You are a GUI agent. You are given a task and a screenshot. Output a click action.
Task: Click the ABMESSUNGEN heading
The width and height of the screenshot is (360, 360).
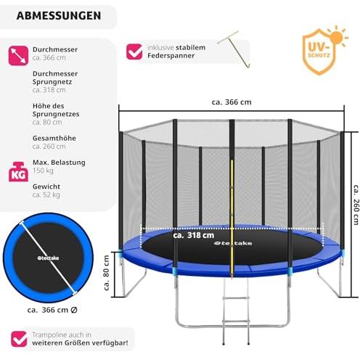pos(59,16)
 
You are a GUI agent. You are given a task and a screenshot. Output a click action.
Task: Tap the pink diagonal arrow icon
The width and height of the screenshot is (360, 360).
pos(18,56)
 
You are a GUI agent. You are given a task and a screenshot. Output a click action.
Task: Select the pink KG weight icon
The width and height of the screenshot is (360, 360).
pos(18,172)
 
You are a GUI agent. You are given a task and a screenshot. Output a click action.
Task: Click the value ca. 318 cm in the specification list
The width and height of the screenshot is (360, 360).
pos(49,90)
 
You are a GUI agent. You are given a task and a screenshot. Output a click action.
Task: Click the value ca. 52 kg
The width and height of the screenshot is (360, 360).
pos(46,195)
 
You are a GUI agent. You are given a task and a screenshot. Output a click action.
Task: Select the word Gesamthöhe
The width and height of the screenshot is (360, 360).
pos(54,138)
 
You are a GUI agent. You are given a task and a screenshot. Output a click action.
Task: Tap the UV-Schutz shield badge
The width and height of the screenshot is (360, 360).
pos(319,52)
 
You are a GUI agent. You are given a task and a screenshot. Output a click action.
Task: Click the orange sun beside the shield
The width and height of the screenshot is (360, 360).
pos(337,37)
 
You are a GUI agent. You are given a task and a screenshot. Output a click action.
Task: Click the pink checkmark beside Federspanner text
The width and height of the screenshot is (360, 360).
pos(134,52)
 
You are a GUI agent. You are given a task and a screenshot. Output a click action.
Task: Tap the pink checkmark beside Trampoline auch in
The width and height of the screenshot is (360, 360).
pos(19,339)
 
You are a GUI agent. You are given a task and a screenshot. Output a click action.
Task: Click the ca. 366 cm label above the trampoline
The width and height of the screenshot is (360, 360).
pos(232,102)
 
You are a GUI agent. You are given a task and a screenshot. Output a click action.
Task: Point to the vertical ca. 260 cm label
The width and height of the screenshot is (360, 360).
pos(356,205)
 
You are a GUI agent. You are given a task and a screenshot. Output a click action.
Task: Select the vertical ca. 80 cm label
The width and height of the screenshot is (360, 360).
pos(107,273)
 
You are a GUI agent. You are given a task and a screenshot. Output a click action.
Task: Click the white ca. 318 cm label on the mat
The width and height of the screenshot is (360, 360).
pos(194,235)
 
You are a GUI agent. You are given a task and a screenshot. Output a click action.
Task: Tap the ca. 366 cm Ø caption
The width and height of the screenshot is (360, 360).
pos(52,310)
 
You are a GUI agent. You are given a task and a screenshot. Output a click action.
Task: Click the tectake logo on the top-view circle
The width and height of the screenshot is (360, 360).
pos(48,258)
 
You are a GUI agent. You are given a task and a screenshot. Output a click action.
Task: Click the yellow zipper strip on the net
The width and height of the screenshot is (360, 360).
pos(232,218)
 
